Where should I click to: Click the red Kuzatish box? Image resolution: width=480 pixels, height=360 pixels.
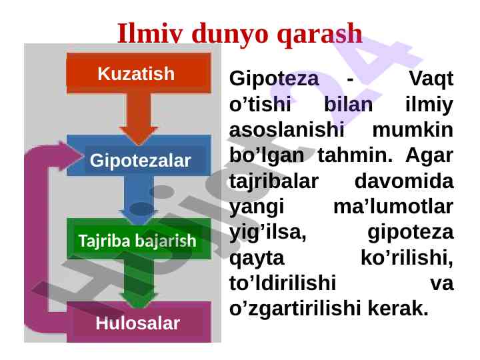click(x=139, y=73)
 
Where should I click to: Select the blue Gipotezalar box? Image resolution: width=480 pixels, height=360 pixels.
click(x=139, y=155)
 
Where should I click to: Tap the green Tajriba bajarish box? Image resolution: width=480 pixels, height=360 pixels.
click(x=139, y=239)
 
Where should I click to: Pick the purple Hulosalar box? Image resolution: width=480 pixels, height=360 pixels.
click(x=139, y=322)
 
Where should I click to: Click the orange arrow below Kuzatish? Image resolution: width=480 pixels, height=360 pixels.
click(x=139, y=119)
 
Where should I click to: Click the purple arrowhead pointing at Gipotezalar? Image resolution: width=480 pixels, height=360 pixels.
click(x=71, y=156)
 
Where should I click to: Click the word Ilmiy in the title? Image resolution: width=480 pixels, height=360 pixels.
click(x=150, y=33)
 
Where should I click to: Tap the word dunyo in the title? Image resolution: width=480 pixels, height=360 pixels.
click(x=230, y=34)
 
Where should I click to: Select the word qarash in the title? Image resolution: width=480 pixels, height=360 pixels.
click(x=319, y=34)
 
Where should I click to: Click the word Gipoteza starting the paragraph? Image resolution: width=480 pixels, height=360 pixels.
click(x=274, y=79)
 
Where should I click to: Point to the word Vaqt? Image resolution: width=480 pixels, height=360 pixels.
click(x=431, y=79)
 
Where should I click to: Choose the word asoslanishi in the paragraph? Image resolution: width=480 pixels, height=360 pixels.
click(x=287, y=129)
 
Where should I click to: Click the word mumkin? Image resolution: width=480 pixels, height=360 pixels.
click(x=413, y=130)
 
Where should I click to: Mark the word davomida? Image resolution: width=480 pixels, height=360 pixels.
click(x=404, y=181)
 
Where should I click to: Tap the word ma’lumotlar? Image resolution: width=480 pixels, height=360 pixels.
click(x=393, y=206)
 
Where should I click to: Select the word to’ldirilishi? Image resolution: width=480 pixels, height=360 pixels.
click(x=283, y=283)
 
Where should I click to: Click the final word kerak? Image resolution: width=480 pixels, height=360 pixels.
click(x=397, y=308)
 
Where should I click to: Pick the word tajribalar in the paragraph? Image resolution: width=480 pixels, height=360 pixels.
click(x=274, y=181)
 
